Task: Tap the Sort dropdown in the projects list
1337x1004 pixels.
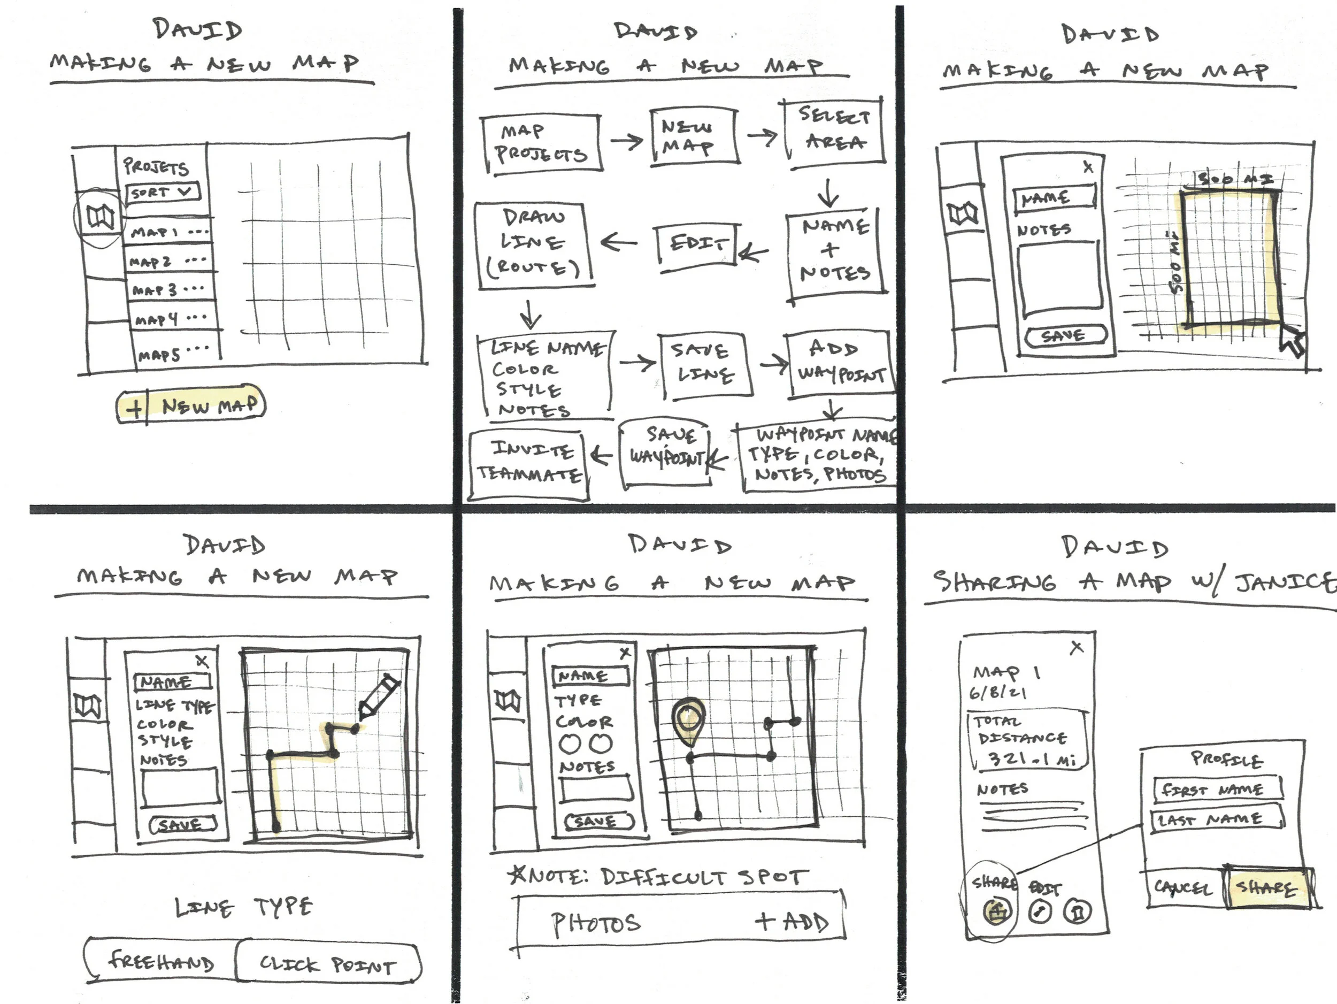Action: point(162,193)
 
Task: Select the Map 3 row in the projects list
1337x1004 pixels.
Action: point(171,289)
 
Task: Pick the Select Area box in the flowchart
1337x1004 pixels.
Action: point(834,130)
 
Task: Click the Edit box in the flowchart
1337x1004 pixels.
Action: point(697,244)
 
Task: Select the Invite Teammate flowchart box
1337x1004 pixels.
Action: point(529,464)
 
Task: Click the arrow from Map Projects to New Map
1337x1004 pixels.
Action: point(626,142)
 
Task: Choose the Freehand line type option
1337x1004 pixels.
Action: point(161,961)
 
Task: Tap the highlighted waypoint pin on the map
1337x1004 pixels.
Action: point(688,721)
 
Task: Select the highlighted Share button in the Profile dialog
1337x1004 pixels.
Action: point(1268,887)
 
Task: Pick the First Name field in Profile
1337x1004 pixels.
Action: point(1216,789)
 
